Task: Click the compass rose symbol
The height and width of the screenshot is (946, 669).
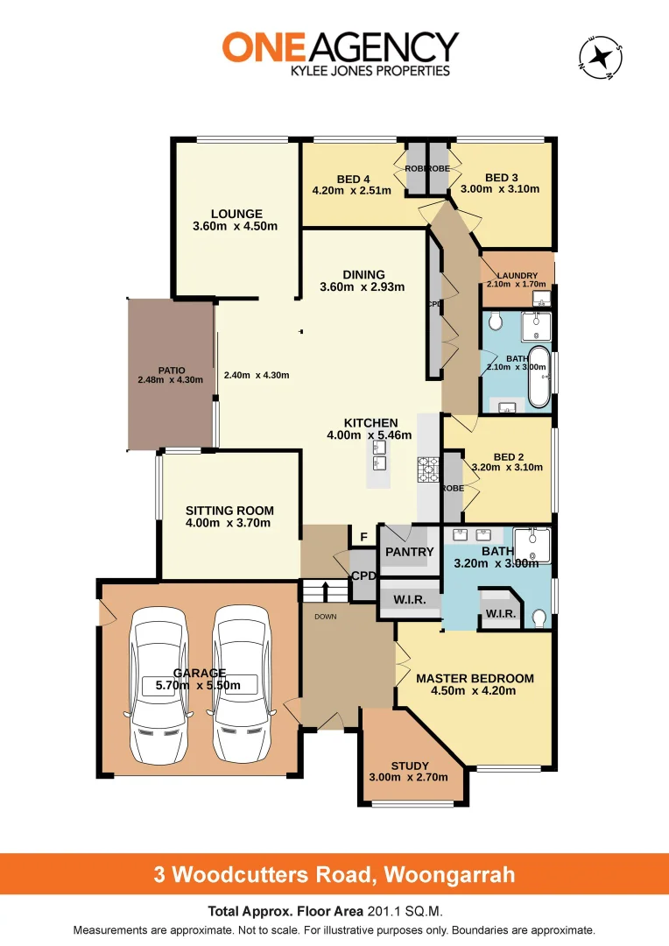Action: click(x=600, y=57)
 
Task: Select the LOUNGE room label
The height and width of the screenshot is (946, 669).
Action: click(x=236, y=214)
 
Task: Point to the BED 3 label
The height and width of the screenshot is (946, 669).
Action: click(x=502, y=175)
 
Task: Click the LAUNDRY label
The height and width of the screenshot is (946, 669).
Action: click(x=517, y=275)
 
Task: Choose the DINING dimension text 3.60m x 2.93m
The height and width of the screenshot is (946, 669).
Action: click(x=363, y=287)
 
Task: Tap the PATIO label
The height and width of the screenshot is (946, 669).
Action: click(x=171, y=370)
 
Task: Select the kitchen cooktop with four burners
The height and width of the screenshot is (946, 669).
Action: click(x=427, y=469)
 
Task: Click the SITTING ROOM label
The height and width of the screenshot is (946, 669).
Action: click(x=229, y=511)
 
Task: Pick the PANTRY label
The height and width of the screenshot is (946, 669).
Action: click(x=410, y=552)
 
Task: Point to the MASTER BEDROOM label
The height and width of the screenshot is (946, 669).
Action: click(x=475, y=678)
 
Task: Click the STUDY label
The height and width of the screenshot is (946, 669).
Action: click(x=410, y=766)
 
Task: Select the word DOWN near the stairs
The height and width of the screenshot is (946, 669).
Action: click(x=324, y=616)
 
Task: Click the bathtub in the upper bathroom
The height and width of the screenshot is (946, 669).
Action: click(x=539, y=378)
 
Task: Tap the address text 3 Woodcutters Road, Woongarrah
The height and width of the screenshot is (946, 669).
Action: click(x=334, y=874)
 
